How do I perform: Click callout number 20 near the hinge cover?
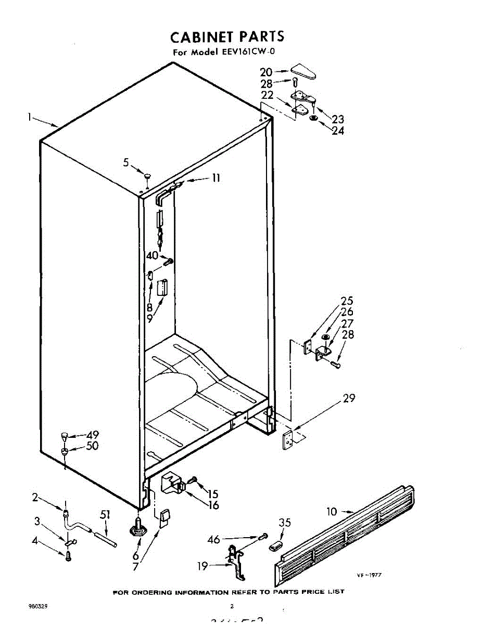(x=266, y=72)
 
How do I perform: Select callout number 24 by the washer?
(x=338, y=131)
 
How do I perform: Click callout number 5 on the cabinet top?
(x=126, y=162)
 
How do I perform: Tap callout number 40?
(x=152, y=255)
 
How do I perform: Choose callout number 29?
(x=349, y=398)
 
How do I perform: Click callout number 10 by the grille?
(x=332, y=512)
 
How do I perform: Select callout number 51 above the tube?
(x=106, y=515)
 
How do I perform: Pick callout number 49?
(x=93, y=435)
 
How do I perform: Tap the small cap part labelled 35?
(x=275, y=545)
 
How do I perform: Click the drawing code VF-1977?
(x=370, y=575)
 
